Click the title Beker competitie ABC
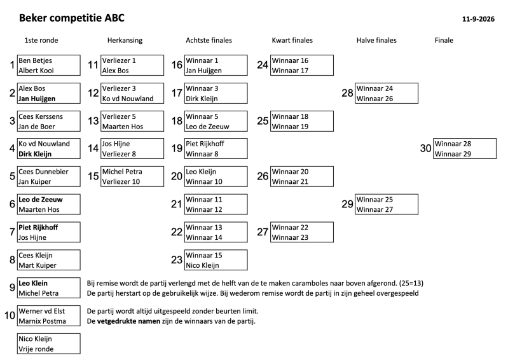tap(72, 18)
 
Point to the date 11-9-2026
tap(478, 19)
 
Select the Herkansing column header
tap(125, 41)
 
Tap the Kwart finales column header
tap(292, 40)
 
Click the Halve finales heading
tap(376, 40)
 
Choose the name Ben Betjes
tap(35, 60)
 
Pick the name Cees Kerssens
tap(41, 116)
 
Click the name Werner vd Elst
tap(41, 311)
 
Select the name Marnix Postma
tap(42, 321)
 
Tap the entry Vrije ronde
tap(36, 349)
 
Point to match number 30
tap(425, 148)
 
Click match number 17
tap(177, 93)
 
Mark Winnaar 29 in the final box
tap(453, 154)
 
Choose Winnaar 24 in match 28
tap(375, 88)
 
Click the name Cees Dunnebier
tap(43, 172)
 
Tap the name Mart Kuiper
tap(38, 265)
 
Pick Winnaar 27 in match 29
tap(375, 210)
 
